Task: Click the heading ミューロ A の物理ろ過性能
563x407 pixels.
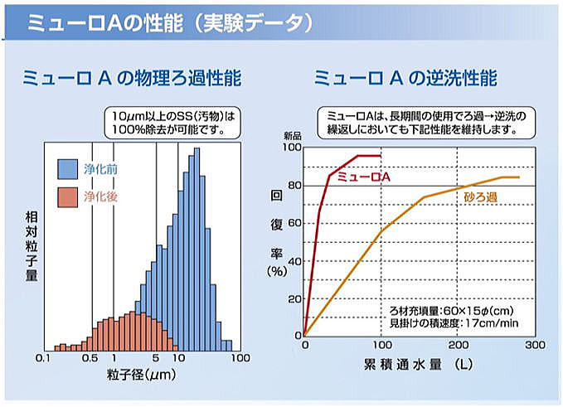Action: [133, 79]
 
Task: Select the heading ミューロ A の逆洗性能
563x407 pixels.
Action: [405, 79]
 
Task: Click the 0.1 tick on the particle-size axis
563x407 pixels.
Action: [46, 358]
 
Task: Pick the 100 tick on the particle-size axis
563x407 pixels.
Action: [240, 358]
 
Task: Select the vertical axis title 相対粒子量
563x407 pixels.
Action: [32, 246]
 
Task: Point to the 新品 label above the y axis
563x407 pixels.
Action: [292, 135]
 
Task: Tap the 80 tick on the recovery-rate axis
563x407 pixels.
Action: [292, 186]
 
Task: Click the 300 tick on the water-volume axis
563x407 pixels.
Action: [535, 345]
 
